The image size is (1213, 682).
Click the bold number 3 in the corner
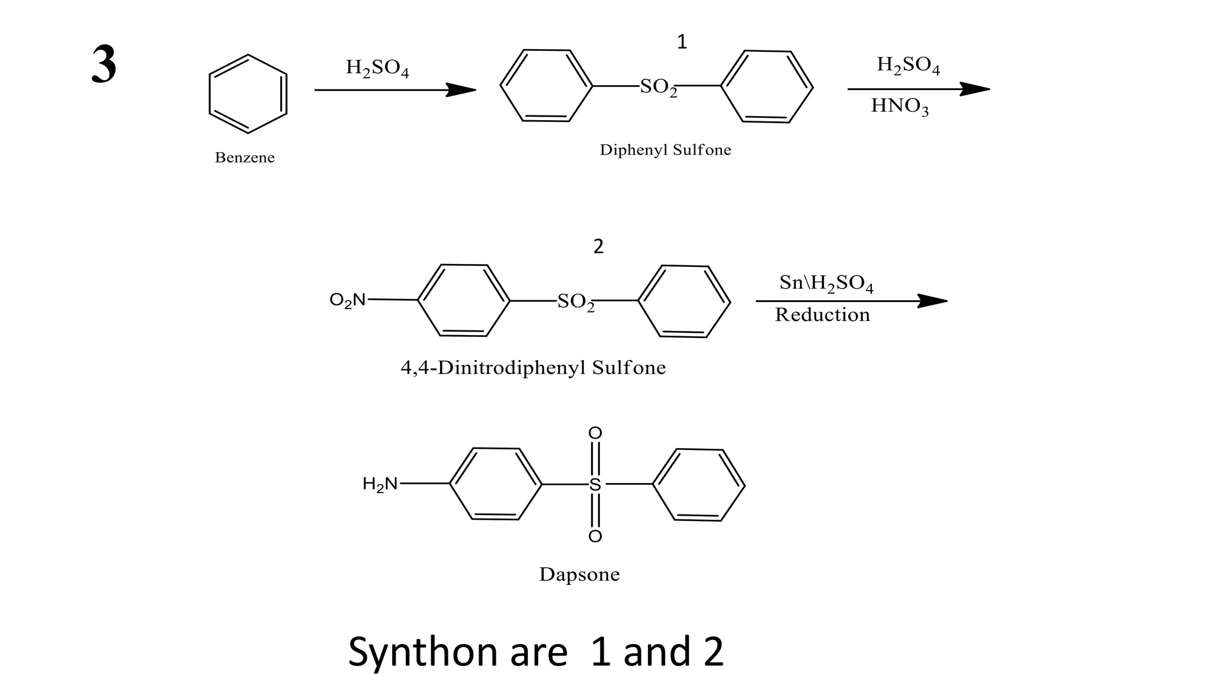pyautogui.click(x=104, y=65)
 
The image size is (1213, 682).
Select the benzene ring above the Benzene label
pyautogui.click(x=248, y=94)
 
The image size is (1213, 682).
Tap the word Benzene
pyautogui.click(x=245, y=157)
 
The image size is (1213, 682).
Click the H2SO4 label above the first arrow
pyautogui.click(x=377, y=68)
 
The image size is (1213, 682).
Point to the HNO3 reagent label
pyautogui.click(x=900, y=106)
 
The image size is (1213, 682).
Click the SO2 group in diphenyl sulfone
pyautogui.click(x=658, y=87)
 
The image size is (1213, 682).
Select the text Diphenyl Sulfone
pyautogui.click(x=665, y=150)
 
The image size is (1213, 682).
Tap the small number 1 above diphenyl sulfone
pyautogui.click(x=682, y=42)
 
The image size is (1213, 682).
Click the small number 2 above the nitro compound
pyautogui.click(x=598, y=246)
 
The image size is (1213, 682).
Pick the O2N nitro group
pyautogui.click(x=348, y=301)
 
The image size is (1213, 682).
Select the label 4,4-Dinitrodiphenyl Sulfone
pyautogui.click(x=533, y=368)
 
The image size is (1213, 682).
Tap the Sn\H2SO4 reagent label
pyautogui.click(x=826, y=284)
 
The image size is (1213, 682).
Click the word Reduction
pyautogui.click(x=823, y=315)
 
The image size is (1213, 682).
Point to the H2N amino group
pyautogui.click(x=380, y=484)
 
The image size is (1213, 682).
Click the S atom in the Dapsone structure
pyautogui.click(x=595, y=485)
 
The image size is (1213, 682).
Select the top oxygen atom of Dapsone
pyautogui.click(x=595, y=433)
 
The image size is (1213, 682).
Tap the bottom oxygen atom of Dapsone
pyautogui.click(x=595, y=536)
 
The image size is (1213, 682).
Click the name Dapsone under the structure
pyautogui.click(x=579, y=574)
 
